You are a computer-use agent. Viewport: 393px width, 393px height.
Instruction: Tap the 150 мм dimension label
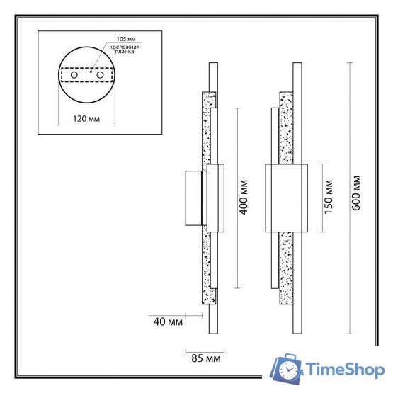[x=329, y=198]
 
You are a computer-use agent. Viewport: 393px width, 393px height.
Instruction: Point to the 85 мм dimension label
[x=205, y=358]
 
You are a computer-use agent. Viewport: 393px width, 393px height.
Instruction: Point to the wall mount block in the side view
[x=193, y=198]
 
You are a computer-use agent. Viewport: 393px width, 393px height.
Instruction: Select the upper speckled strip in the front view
[x=287, y=127]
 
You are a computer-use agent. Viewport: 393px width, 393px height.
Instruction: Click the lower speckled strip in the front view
[x=287, y=269]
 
